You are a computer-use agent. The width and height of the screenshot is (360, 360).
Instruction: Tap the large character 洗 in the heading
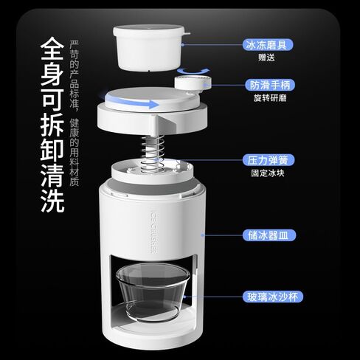coord(51,197)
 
